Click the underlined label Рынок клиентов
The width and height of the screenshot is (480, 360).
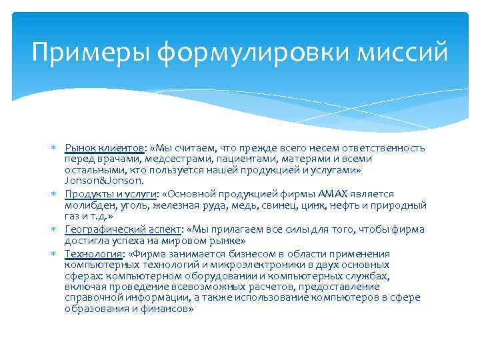pos(103,148)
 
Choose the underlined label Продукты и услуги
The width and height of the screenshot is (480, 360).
pos(109,193)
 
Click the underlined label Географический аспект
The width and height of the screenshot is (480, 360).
pos(123,229)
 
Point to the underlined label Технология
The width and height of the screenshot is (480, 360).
pos(93,254)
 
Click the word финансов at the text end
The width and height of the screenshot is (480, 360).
pos(166,309)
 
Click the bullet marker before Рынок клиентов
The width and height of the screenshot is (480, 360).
pos(57,148)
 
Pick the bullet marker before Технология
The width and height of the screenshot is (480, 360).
pos(57,254)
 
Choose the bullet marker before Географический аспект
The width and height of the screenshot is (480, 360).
pos(57,229)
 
